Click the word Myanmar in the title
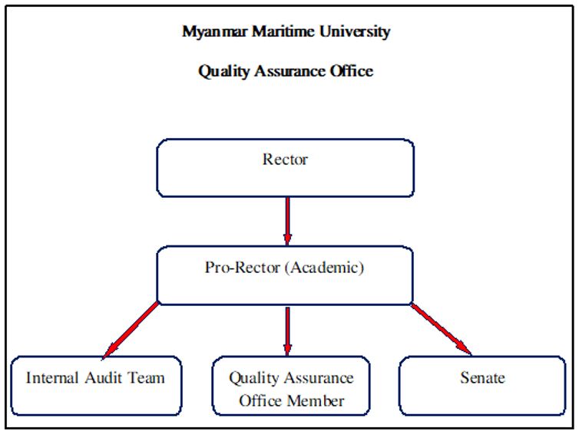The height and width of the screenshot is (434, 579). (214, 32)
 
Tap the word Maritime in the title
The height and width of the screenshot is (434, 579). (283, 31)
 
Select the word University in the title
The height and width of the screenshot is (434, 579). (355, 32)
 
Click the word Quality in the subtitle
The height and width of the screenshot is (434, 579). (223, 71)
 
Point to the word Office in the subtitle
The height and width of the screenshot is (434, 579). (351, 71)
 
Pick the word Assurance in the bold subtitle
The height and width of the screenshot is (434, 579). (289, 71)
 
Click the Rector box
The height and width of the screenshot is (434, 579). (285, 168)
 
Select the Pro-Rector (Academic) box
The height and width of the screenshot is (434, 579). (285, 275)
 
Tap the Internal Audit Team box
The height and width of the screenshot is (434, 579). (96, 386)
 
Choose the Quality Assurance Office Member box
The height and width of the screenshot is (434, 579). (291, 386)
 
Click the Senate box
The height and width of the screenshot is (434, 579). (482, 386)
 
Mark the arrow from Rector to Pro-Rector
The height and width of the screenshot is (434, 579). (288, 221)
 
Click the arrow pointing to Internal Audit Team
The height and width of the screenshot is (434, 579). (131, 330)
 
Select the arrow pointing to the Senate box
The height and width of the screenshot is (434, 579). (442, 329)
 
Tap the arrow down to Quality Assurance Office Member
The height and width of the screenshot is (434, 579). (288, 330)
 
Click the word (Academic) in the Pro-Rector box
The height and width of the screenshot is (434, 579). (325, 268)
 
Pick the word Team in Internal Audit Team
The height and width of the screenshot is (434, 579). (146, 378)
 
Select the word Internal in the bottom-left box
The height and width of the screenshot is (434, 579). (52, 378)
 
